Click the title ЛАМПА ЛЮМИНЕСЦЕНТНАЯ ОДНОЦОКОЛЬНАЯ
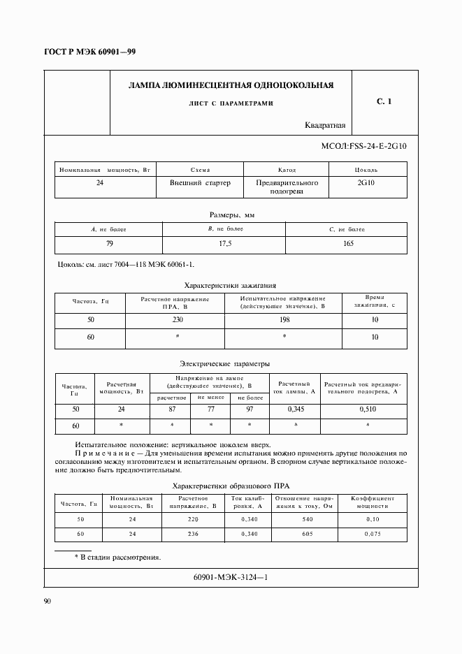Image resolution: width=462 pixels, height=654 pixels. click(231, 86)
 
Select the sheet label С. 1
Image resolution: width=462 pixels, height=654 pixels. click(384, 102)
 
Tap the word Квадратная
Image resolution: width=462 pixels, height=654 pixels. click(325, 126)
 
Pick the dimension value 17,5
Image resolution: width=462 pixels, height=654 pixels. click(224, 244)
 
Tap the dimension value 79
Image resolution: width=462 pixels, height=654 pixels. click(108, 244)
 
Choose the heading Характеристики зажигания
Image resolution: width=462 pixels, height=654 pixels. click(230, 285)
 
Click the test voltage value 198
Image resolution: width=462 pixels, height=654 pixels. click(284, 319)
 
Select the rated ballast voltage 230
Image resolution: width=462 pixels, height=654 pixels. click(175, 319)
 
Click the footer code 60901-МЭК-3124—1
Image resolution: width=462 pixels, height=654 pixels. click(230, 578)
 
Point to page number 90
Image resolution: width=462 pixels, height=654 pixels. click(48, 601)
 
